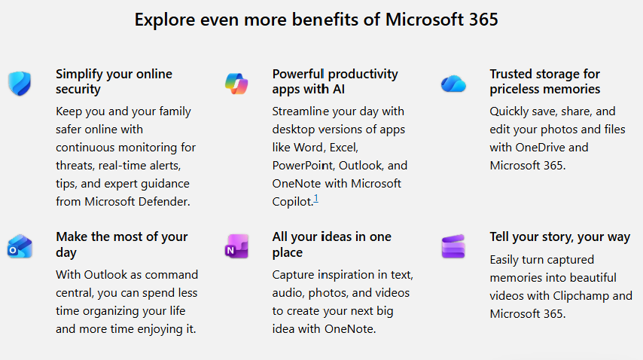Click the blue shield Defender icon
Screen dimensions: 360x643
tap(18, 83)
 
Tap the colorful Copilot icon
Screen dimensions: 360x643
tap(236, 83)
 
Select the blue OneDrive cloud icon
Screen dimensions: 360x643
tap(453, 83)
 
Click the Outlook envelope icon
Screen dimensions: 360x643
tap(18, 246)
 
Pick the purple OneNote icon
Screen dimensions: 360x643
tap(236, 246)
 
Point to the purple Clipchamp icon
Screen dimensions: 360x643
tap(453, 246)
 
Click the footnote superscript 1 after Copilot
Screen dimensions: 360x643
tap(316, 199)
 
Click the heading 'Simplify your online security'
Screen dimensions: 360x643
tap(114, 81)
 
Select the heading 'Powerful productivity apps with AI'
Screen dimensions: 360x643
tap(335, 81)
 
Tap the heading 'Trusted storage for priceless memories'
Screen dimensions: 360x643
tap(544, 81)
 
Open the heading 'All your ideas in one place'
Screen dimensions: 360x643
tap(331, 245)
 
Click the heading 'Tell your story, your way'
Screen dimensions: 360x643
tap(559, 237)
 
